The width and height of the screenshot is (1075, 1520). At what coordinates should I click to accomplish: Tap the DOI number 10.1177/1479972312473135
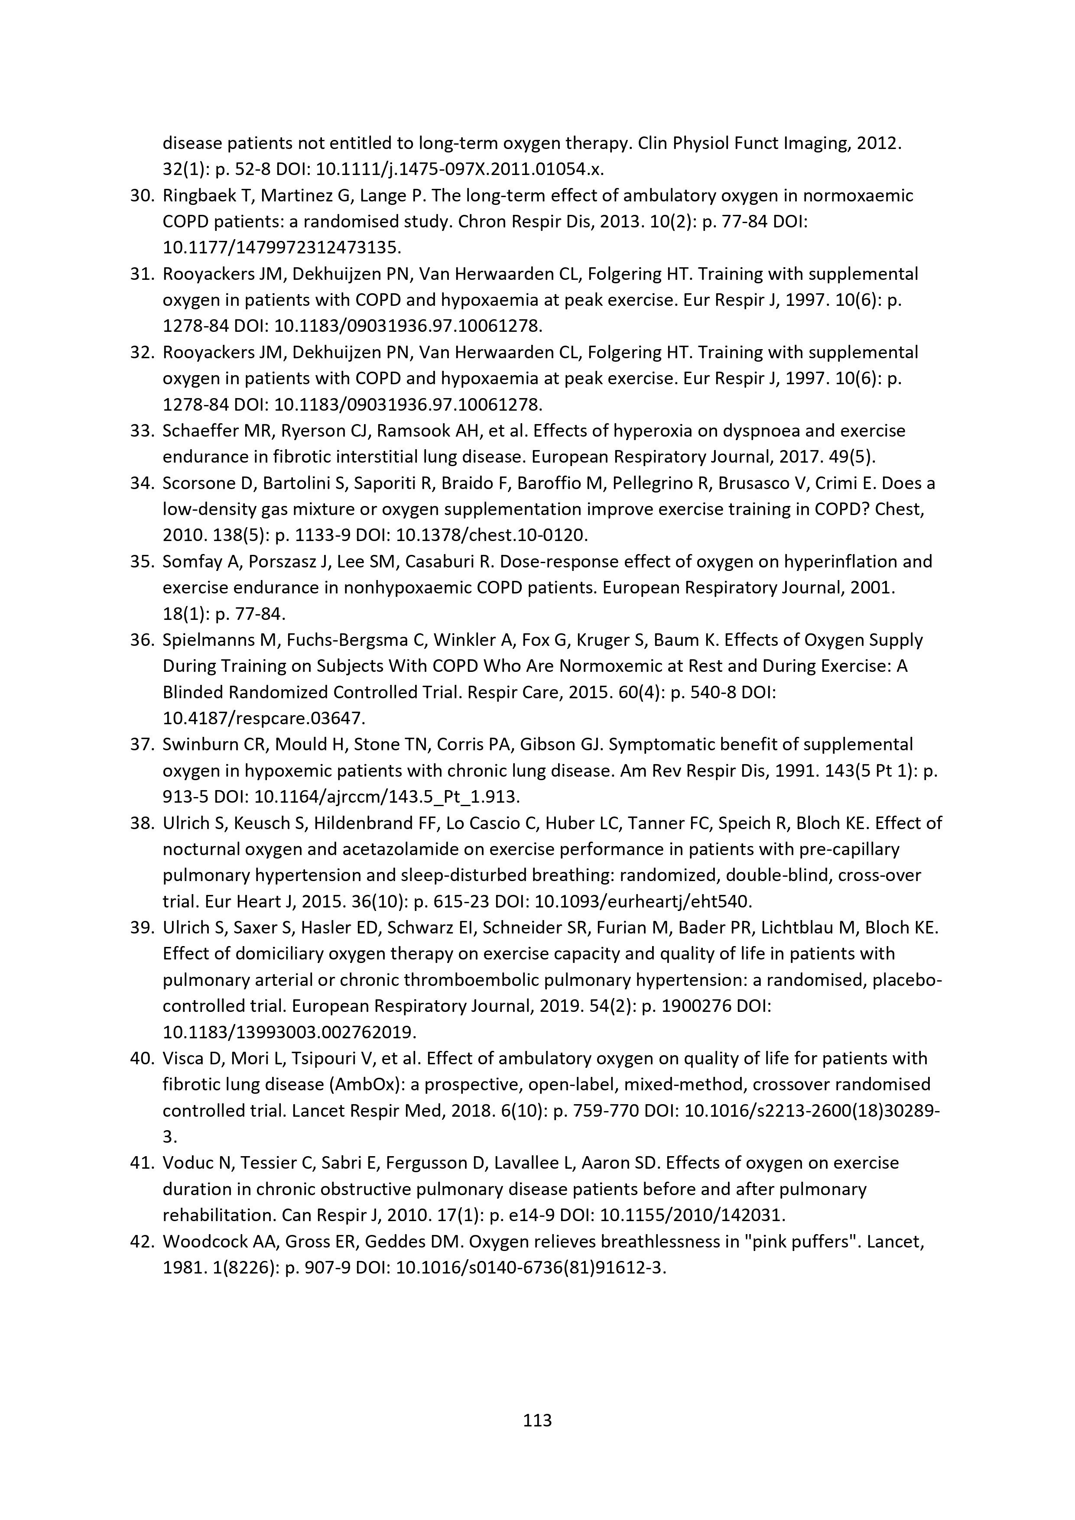282,248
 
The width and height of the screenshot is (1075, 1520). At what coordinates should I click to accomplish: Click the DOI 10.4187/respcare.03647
263,718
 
